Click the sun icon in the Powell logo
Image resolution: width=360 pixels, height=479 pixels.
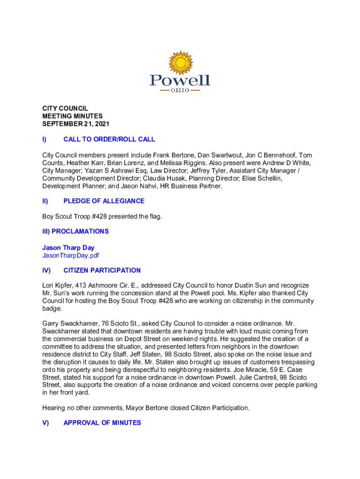(x=180, y=63)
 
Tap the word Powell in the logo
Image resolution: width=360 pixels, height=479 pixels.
(x=180, y=80)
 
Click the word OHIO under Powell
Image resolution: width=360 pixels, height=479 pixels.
(x=180, y=90)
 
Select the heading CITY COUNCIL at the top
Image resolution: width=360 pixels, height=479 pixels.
(x=65, y=108)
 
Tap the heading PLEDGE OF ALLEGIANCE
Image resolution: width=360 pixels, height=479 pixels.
(x=104, y=201)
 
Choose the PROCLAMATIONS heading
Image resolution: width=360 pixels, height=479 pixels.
(x=80, y=231)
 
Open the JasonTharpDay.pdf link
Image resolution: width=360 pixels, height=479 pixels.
(x=71, y=255)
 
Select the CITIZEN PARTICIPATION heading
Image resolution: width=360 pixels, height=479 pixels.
(x=102, y=270)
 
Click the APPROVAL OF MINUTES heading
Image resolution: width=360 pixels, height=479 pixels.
(x=102, y=422)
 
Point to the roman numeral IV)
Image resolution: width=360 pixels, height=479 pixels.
(x=46, y=270)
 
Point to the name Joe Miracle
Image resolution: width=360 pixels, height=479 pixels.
(x=248, y=370)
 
